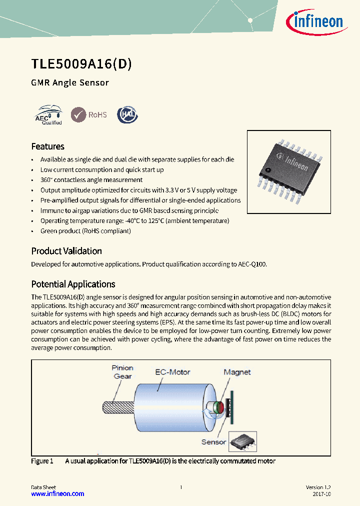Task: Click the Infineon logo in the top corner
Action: pyautogui.click(x=313, y=21)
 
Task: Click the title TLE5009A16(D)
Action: pyautogui.click(x=81, y=64)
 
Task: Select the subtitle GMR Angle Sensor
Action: pyautogui.click(x=70, y=82)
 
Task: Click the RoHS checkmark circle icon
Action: pyautogui.click(x=78, y=114)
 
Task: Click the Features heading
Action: pyautogui.click(x=47, y=146)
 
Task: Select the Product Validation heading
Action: pyautogui.click(x=66, y=251)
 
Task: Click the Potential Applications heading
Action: pyautogui.click(x=73, y=284)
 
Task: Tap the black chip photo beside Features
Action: pyautogui.click(x=288, y=168)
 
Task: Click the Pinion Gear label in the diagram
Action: pyautogui.click(x=122, y=372)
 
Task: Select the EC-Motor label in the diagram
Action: pyautogui.click(x=172, y=372)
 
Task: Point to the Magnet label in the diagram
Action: pyautogui.click(x=237, y=372)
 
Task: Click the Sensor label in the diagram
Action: pyautogui.click(x=213, y=442)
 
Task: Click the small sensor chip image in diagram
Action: pyautogui.click(x=242, y=442)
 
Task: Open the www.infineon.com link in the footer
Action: pyautogui.click(x=57, y=493)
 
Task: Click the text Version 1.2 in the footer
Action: pyautogui.click(x=318, y=487)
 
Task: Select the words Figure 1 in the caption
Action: pyautogui.click(x=42, y=461)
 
